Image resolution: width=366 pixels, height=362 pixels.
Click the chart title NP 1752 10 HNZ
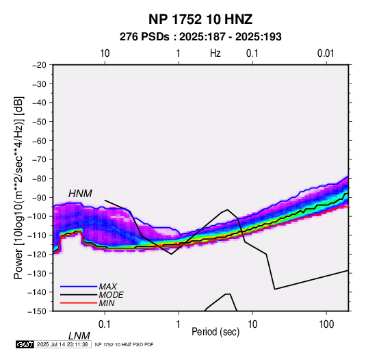point(200,19)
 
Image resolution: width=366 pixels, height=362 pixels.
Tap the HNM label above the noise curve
point(80,194)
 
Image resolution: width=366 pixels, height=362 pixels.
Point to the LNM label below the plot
point(79,336)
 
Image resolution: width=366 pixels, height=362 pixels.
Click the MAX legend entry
point(107,286)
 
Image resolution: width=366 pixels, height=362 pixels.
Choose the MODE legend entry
point(111,295)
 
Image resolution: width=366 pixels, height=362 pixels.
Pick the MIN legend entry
point(107,303)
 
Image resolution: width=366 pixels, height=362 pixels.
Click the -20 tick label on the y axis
point(39,65)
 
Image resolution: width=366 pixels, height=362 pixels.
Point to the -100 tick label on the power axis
point(37,216)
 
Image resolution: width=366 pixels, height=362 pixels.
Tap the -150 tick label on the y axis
point(37,311)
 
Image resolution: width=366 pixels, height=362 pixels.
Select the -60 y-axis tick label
point(39,140)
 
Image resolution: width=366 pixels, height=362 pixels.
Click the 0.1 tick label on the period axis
point(105,324)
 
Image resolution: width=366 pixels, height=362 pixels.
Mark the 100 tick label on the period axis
point(326,324)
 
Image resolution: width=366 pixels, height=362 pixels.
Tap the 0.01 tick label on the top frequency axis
point(326,53)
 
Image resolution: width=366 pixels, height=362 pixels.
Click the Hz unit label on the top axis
point(215,53)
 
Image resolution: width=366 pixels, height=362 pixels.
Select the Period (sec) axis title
point(215,332)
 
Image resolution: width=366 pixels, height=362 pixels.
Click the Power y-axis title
point(18,188)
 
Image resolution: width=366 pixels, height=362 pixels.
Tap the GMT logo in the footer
point(25,344)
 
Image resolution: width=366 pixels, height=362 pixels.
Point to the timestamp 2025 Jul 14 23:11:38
point(62,344)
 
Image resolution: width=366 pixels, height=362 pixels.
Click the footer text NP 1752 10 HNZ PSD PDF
point(125,344)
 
